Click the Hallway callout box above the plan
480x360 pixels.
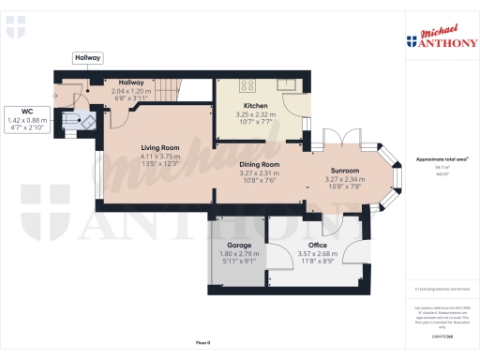88,58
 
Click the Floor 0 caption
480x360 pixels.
203,343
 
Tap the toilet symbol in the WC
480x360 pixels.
84,121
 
